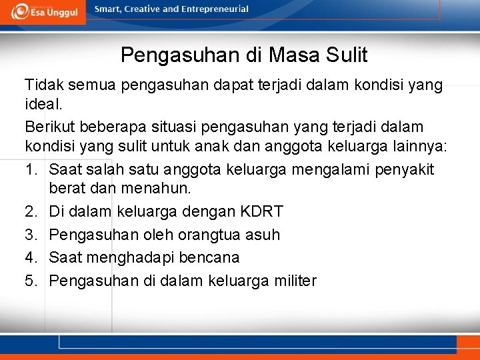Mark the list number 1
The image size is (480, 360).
31,169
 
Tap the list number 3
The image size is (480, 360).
31,235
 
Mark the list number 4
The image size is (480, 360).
31,257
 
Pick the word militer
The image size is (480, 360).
294,280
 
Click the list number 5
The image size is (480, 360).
31,280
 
